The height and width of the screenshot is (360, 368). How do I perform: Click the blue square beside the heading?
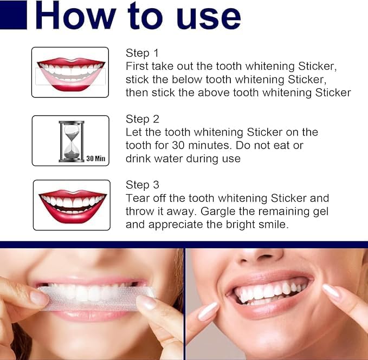coord(13,15)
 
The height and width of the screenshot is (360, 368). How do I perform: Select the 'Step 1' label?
coord(142,53)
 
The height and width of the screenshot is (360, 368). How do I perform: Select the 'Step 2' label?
coord(142,119)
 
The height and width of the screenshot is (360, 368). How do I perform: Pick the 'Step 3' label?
coord(142,185)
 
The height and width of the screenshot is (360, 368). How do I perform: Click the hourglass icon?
coord(72,141)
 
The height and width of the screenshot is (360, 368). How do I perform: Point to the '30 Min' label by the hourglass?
coord(96,158)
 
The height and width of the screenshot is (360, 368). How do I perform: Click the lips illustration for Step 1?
coord(70,73)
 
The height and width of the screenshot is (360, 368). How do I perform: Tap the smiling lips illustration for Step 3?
coord(72,204)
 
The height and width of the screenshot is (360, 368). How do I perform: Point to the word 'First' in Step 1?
coord(137,66)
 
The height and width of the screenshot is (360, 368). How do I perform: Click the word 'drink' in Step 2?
coord(139,158)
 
